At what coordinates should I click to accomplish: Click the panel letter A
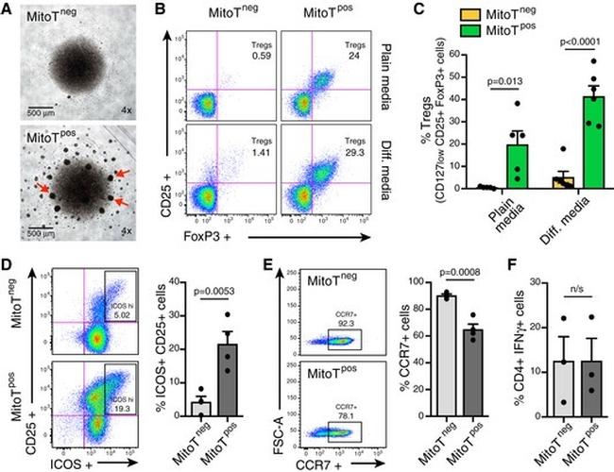pyautogui.click(x=9, y=9)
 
